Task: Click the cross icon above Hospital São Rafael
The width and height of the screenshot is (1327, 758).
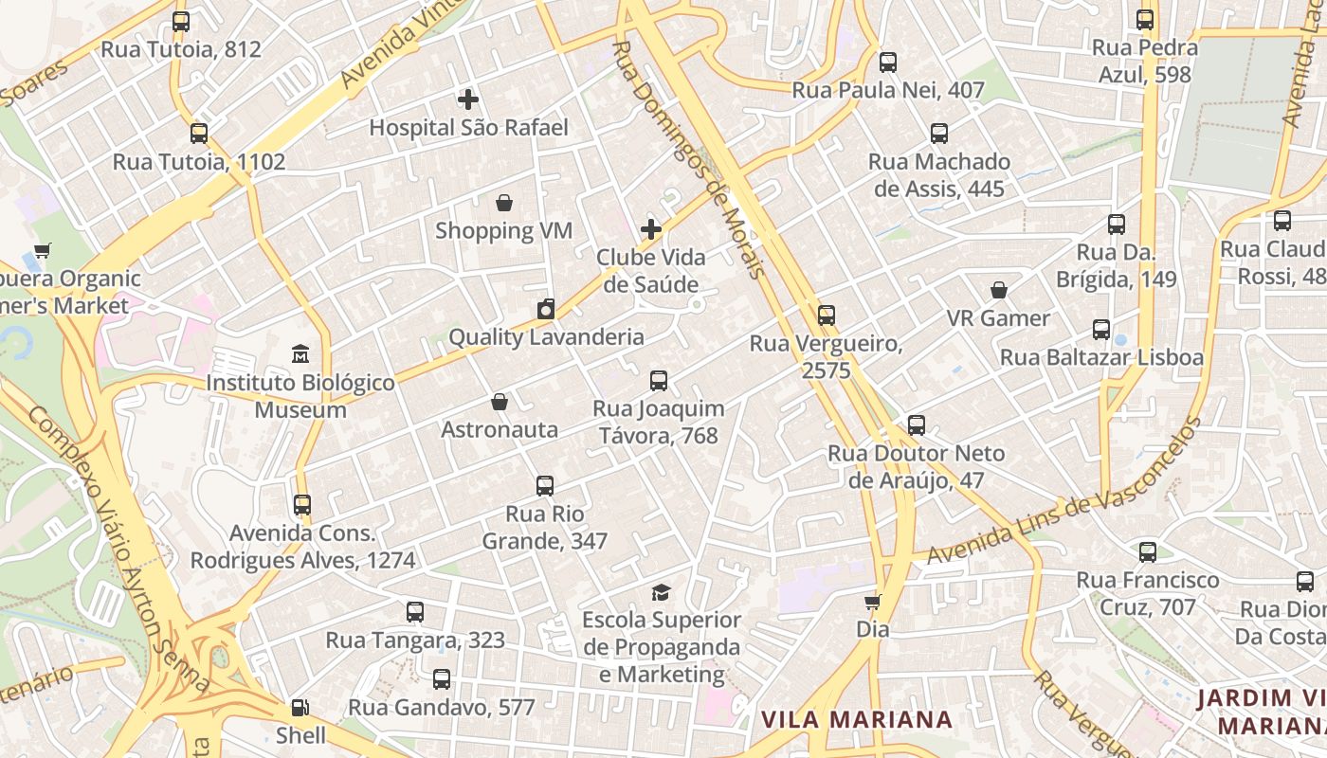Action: click(x=467, y=99)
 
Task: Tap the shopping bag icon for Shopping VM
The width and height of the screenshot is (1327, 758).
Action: click(x=504, y=203)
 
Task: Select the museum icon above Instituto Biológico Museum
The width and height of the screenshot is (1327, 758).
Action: click(x=300, y=353)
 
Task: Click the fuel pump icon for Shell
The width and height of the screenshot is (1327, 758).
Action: click(x=300, y=707)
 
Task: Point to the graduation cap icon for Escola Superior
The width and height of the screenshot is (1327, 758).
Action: click(x=661, y=592)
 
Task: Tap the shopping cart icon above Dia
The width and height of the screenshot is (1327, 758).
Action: click(x=872, y=602)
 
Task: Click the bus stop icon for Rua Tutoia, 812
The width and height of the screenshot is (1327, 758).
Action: click(x=180, y=21)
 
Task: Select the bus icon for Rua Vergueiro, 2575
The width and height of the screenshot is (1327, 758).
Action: click(x=827, y=316)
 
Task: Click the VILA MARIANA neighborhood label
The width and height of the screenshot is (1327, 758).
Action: click(x=857, y=719)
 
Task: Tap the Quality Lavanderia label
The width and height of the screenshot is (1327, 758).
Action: click(x=546, y=336)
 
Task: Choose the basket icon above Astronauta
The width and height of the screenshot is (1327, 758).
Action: click(x=500, y=402)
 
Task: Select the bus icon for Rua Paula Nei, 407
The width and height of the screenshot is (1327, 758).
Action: click(x=888, y=63)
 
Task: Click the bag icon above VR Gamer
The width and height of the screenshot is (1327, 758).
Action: click(x=998, y=290)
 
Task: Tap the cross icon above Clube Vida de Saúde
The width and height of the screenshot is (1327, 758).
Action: click(x=651, y=229)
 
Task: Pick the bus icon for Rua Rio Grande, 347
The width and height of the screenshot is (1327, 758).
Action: click(x=545, y=486)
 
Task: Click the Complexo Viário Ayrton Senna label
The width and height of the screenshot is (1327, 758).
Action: click(x=118, y=550)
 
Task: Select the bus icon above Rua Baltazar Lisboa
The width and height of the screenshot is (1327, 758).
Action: click(x=1101, y=330)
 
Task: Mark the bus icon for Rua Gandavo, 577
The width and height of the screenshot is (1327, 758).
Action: click(x=442, y=679)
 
